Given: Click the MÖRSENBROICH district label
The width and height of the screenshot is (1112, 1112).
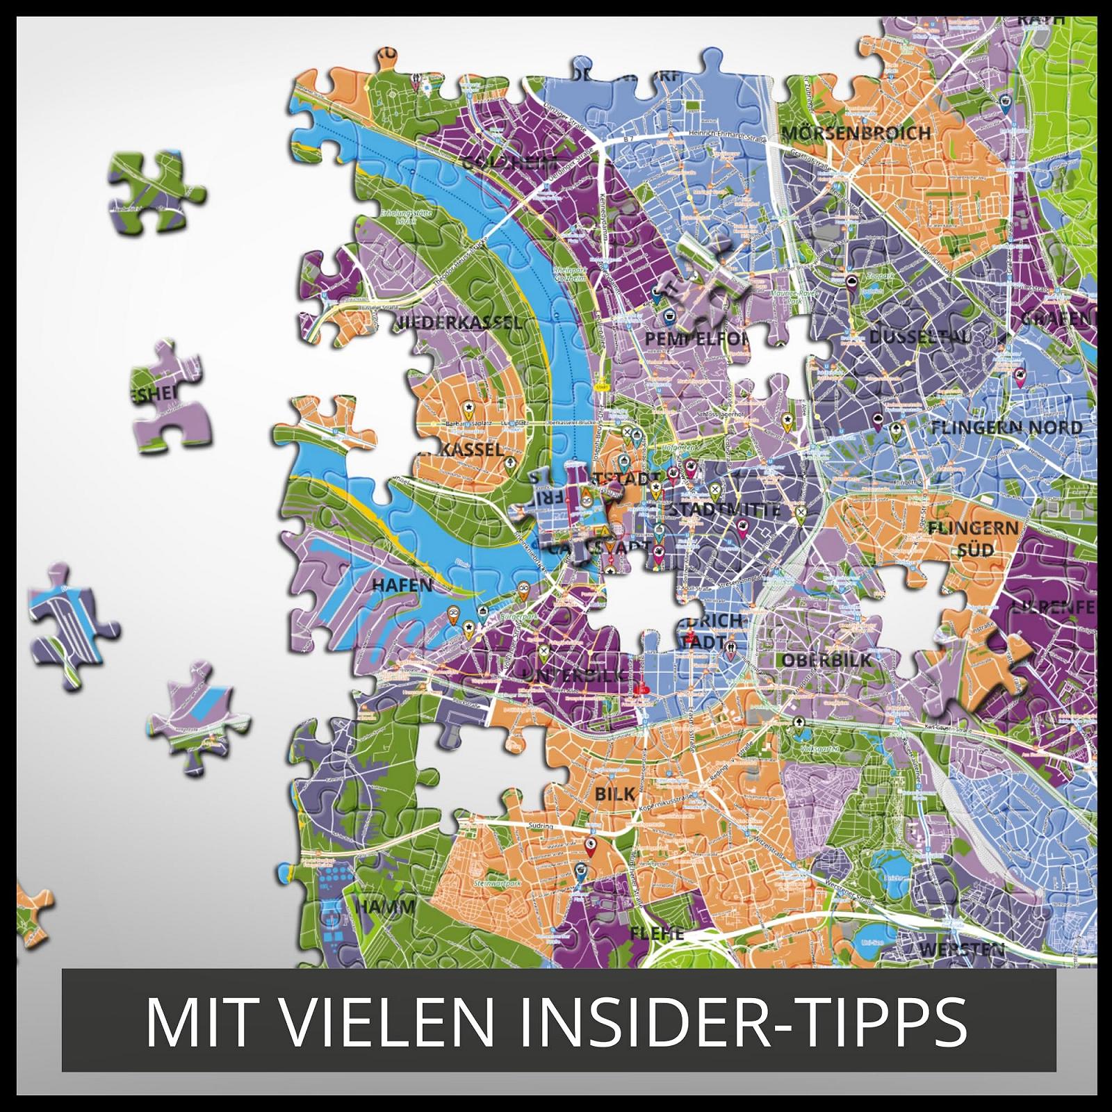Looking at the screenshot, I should coord(856,133).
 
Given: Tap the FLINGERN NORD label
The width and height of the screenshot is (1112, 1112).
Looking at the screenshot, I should coord(1006,428).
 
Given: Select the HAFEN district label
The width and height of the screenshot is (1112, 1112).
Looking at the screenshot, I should coord(402,585).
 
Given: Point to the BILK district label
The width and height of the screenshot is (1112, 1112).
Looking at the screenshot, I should coord(615,794).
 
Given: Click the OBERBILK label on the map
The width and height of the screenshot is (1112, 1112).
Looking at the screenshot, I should coord(827,660).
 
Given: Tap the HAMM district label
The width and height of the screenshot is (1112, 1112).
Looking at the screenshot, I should coord(385,906).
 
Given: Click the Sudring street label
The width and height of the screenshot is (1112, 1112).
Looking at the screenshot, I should coord(541,826).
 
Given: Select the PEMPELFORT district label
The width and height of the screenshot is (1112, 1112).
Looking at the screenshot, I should coord(697,338).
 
